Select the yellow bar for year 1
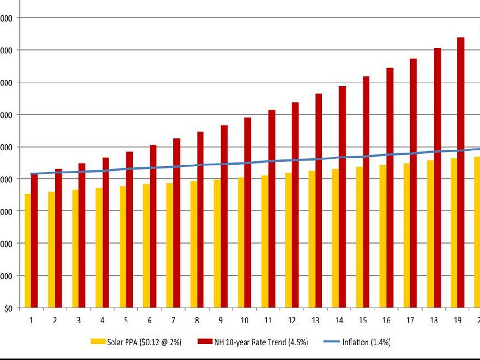click(28, 251)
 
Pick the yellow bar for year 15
click(360, 237)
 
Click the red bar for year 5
click(129, 230)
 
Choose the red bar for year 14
click(342, 197)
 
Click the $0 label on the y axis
click(9, 308)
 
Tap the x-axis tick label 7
click(173, 321)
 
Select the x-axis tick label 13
click(315, 321)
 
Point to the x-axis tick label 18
click(434, 321)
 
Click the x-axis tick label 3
click(79, 321)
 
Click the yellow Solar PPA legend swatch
click(98, 342)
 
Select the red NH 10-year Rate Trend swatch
click(205, 342)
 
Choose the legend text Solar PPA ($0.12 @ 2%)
click(144, 342)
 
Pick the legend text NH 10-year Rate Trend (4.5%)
click(264, 342)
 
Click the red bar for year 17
click(413, 183)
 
